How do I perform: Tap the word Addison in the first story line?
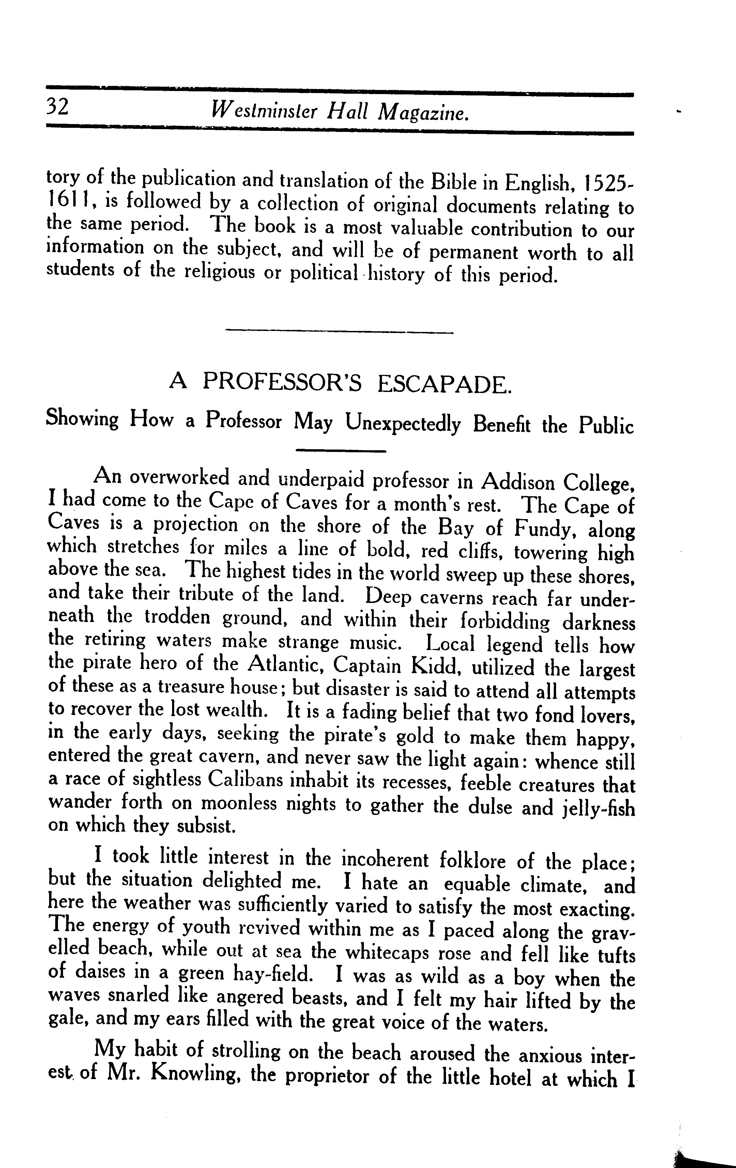pos(517,481)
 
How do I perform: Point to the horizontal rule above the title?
pos(339,332)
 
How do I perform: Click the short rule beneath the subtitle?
pos(340,451)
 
